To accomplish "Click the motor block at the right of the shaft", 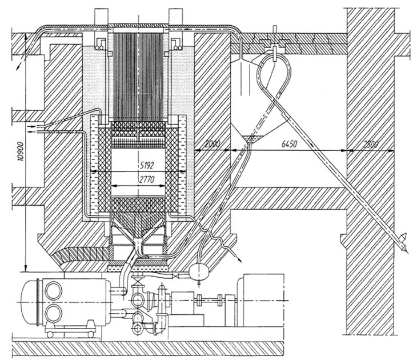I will pos(260,295).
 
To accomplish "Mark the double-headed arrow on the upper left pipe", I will pos(22,59).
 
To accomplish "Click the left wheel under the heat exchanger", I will pos(50,334).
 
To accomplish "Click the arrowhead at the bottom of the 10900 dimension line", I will pos(26,269).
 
